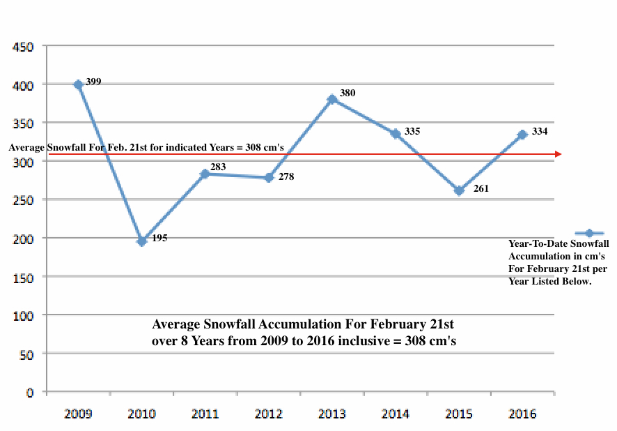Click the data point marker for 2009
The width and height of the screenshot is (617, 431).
(x=78, y=84)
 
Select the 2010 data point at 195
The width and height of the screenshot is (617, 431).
(x=142, y=241)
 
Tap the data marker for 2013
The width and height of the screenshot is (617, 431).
(x=332, y=99)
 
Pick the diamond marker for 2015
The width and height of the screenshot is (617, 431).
(x=459, y=190)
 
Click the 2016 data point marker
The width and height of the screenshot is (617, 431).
(x=522, y=135)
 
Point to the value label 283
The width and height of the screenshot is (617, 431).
(x=219, y=167)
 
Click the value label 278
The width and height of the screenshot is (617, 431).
(x=286, y=177)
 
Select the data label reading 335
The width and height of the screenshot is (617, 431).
(x=412, y=131)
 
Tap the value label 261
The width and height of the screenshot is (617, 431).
(x=481, y=188)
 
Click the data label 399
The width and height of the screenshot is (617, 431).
(x=93, y=82)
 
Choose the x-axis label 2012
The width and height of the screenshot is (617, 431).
(x=268, y=414)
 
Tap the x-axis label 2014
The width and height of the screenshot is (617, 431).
(x=396, y=414)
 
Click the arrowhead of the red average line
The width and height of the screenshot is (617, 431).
(x=558, y=154)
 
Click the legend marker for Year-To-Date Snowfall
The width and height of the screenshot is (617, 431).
(x=589, y=234)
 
